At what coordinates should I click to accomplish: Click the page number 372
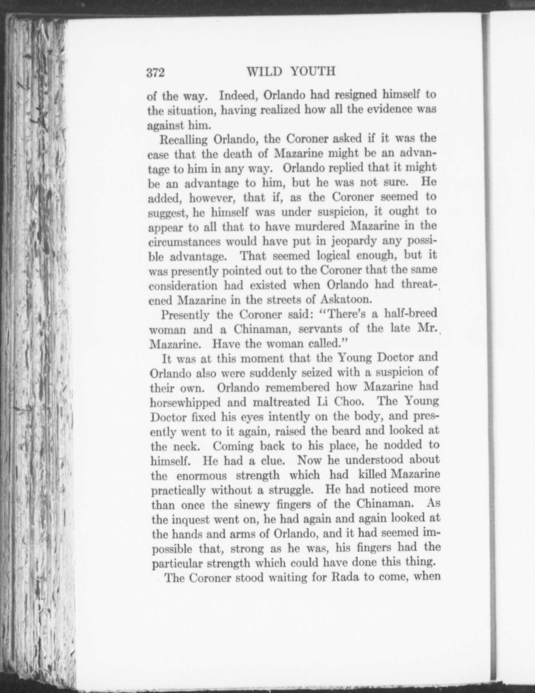click(155, 73)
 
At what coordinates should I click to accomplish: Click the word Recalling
click(183, 139)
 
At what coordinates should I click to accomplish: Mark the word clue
click(272, 461)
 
